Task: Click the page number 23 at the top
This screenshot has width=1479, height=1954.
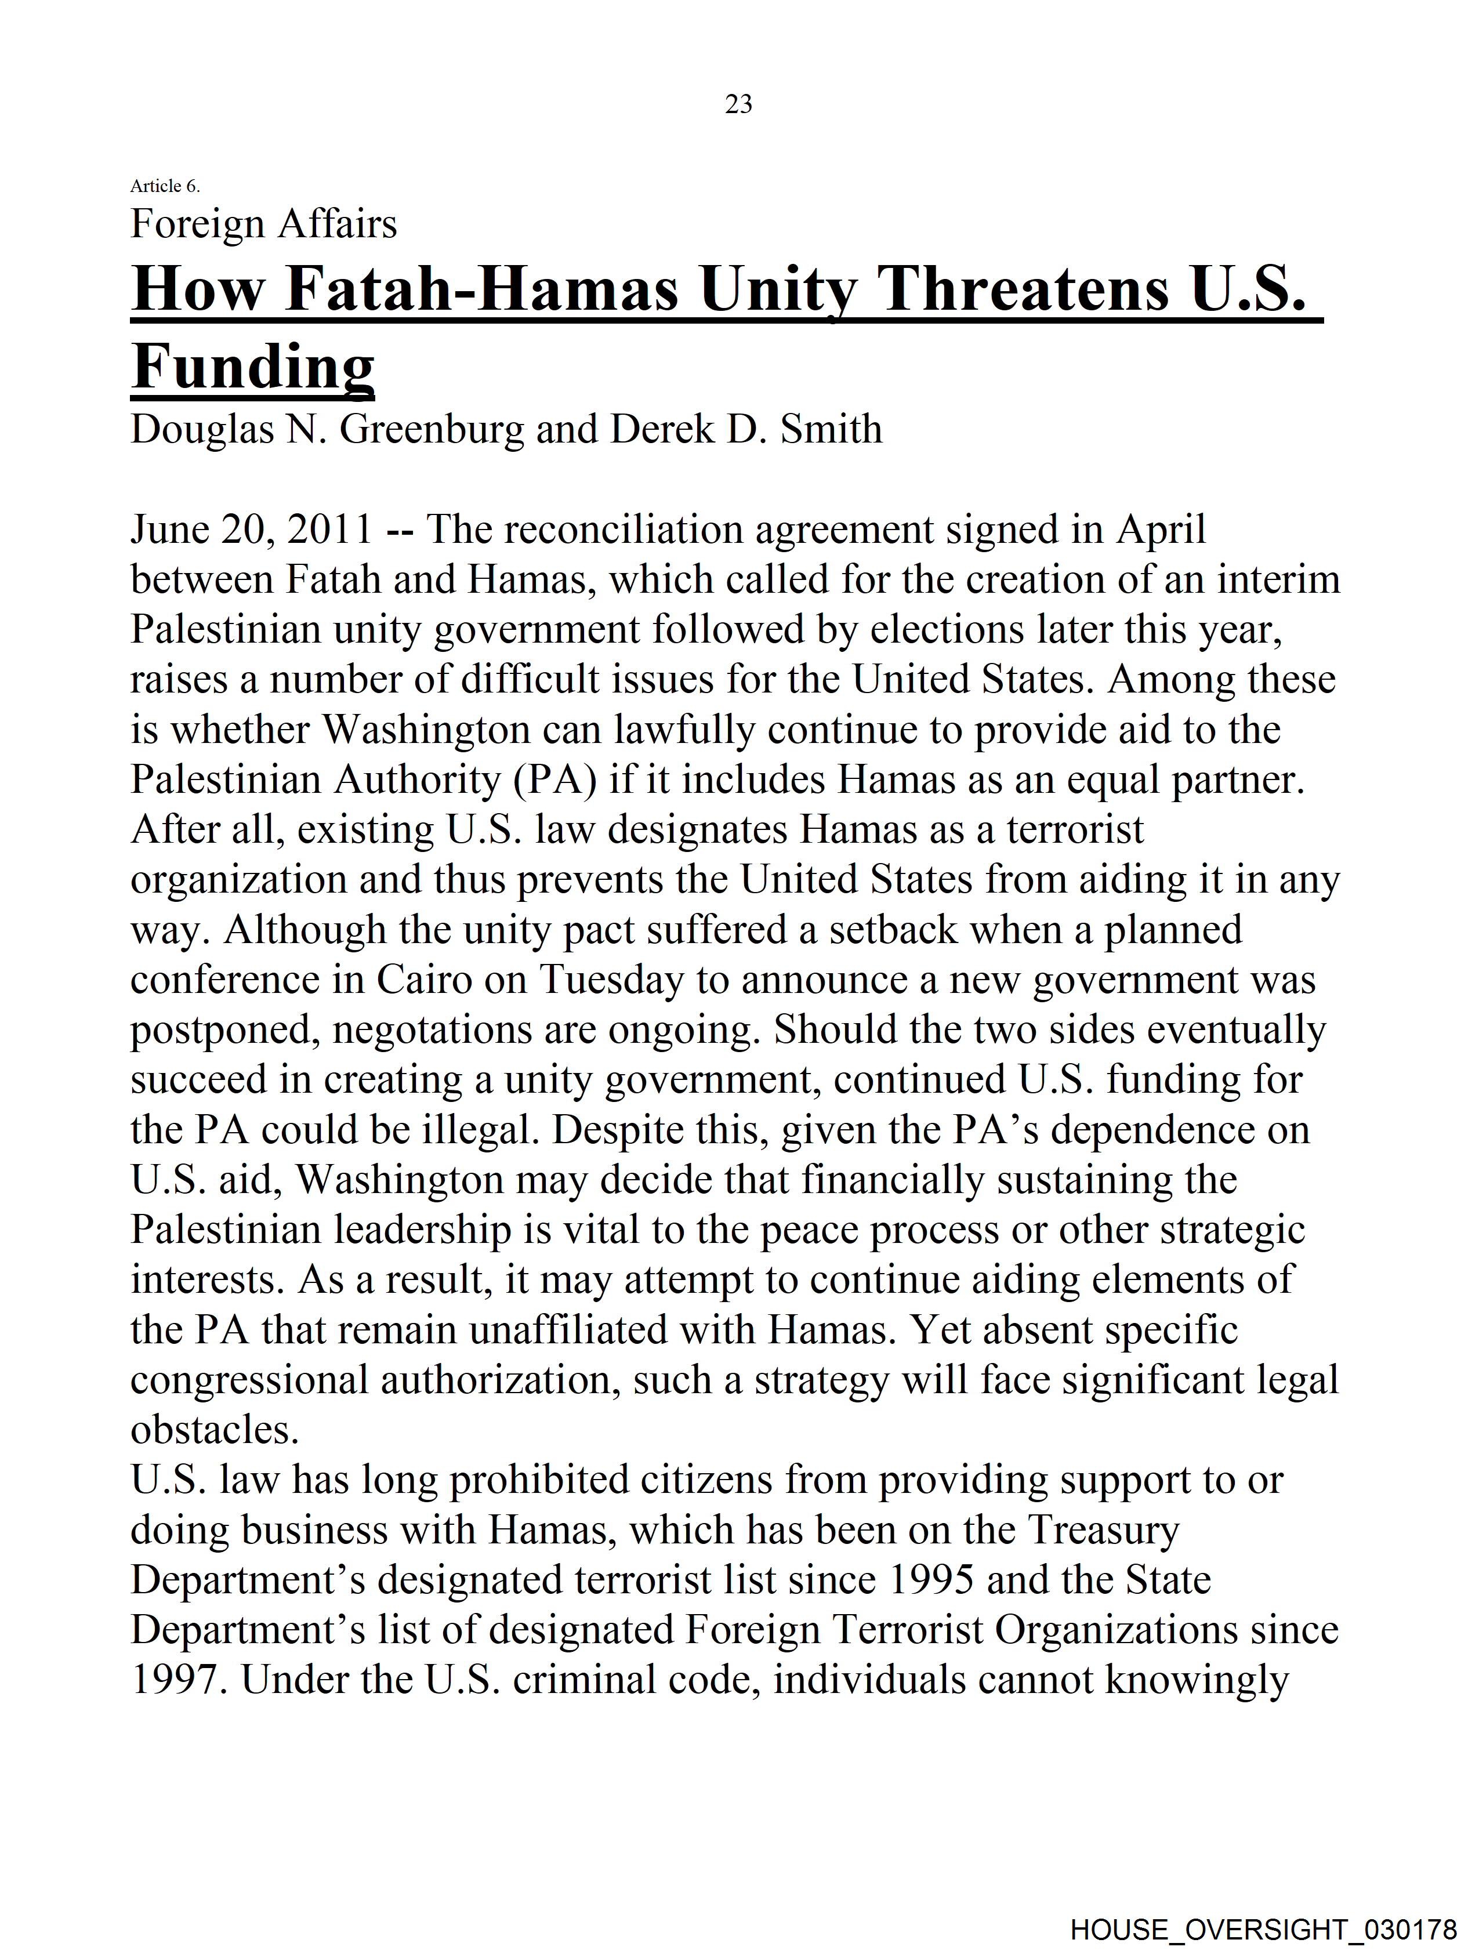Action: (738, 104)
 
